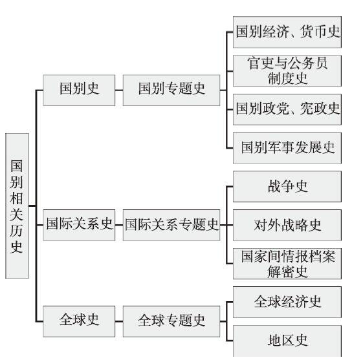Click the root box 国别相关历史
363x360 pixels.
pyautogui.click(x=17, y=206)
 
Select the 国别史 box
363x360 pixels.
pyautogui.click(x=79, y=90)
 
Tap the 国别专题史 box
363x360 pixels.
pyautogui.click(x=171, y=90)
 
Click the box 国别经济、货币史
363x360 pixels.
pyautogui.click(x=287, y=32)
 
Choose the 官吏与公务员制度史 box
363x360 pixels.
pyautogui.click(x=287, y=70)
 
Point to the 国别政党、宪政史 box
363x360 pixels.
pyautogui.click(x=287, y=109)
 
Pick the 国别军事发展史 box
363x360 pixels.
pyautogui.click(x=287, y=148)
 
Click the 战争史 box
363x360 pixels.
pyautogui.click(x=287, y=187)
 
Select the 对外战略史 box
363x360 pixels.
pyautogui.click(x=287, y=225)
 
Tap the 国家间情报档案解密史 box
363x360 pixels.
pyautogui.click(x=287, y=264)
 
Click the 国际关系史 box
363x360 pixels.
pyautogui.click(x=79, y=225)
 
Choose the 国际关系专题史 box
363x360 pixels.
pyautogui.click(x=171, y=225)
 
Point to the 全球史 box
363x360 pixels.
pyautogui.click(x=79, y=321)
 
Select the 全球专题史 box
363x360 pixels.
pyautogui.click(x=171, y=321)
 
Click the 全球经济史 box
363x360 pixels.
pyautogui.click(x=287, y=302)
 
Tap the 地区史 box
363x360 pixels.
pyautogui.click(x=287, y=341)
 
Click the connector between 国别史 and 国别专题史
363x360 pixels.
pyautogui.click(x=119, y=90)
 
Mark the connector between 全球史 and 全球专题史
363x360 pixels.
pyautogui.click(x=119, y=321)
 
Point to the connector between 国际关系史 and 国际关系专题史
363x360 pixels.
pyautogui.click(x=119, y=225)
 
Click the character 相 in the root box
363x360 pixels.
pyautogui.click(x=16, y=198)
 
